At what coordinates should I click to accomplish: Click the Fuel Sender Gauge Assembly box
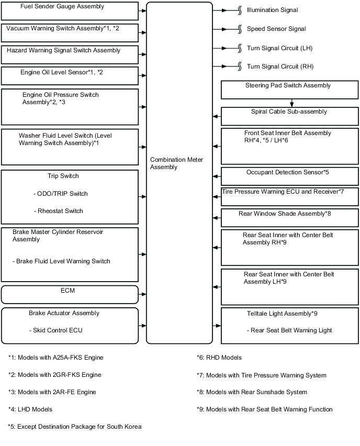(70, 10)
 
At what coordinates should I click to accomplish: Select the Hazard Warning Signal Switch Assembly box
(70, 54)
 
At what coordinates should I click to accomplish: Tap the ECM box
(70, 294)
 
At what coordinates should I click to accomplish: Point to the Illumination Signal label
(272, 10)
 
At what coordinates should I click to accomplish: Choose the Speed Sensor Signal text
(276, 29)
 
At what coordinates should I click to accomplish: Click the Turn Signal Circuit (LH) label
(279, 48)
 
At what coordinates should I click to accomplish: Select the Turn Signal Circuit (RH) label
(280, 66)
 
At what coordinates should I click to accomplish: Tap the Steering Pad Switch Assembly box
(289, 90)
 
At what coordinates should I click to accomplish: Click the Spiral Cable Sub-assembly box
(289, 116)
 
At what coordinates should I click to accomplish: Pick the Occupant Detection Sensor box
(289, 176)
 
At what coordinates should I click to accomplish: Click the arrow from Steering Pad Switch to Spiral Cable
(291, 103)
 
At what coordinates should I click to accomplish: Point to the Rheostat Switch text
(58, 211)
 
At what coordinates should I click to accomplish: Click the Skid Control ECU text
(56, 330)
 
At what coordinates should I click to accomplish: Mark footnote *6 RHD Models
(219, 358)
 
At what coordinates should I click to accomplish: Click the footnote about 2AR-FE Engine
(52, 392)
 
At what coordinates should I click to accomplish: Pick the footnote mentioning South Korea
(74, 427)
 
